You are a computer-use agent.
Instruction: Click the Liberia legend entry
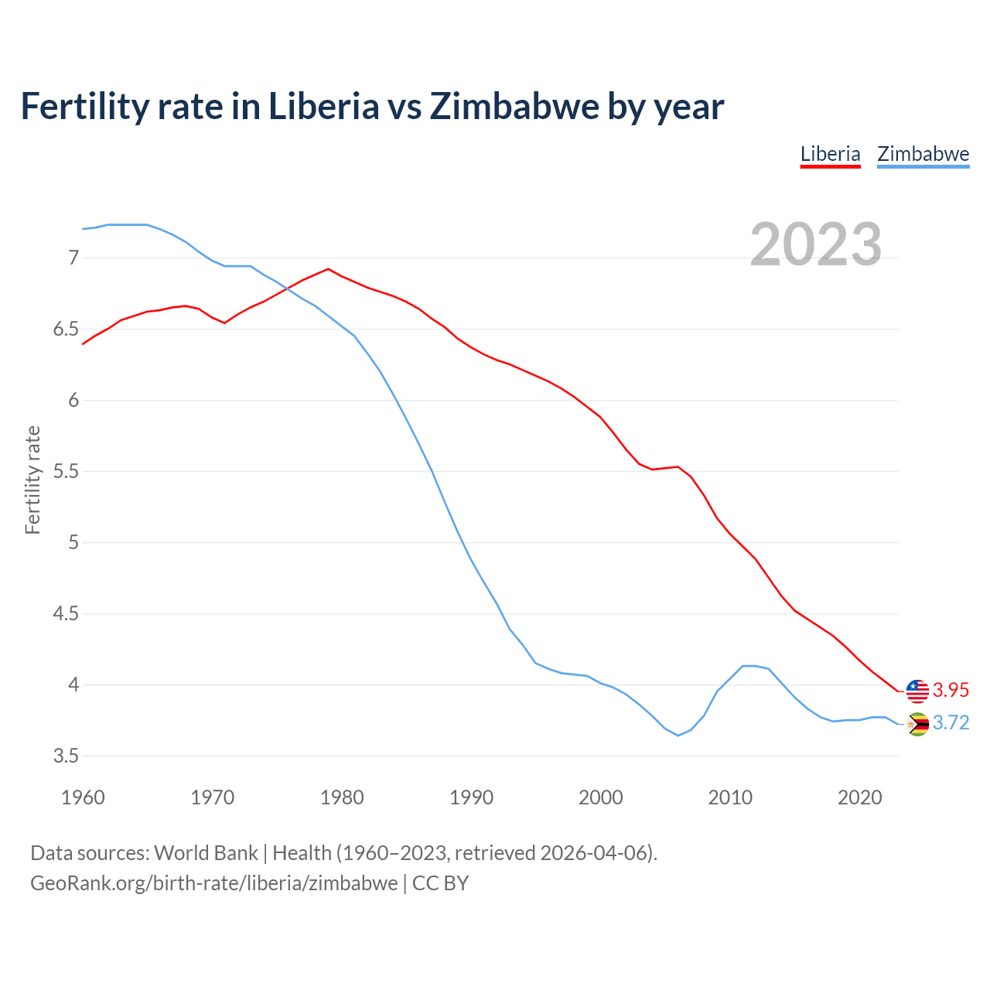click(830, 154)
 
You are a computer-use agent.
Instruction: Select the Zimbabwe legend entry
click(923, 154)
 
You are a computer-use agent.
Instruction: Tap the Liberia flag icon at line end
click(917, 691)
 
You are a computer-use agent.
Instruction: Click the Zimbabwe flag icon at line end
click(917, 724)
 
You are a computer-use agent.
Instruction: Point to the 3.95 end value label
click(951, 690)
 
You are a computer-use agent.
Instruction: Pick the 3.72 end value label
click(951, 722)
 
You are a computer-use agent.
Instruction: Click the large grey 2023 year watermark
click(815, 244)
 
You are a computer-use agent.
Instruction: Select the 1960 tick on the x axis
click(83, 797)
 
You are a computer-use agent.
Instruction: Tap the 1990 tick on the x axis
click(471, 797)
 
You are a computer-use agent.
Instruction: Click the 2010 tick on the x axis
click(730, 797)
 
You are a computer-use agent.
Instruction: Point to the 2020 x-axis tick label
click(859, 797)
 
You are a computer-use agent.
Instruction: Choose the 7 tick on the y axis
click(73, 258)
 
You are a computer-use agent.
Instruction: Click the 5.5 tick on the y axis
click(67, 471)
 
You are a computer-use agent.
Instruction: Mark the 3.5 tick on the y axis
click(67, 756)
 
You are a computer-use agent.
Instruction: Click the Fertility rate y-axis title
click(32, 480)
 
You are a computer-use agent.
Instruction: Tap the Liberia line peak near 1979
click(329, 269)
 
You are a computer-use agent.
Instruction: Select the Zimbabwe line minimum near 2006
click(678, 735)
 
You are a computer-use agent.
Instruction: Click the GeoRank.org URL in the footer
click(213, 882)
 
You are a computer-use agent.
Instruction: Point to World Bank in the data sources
click(206, 852)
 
